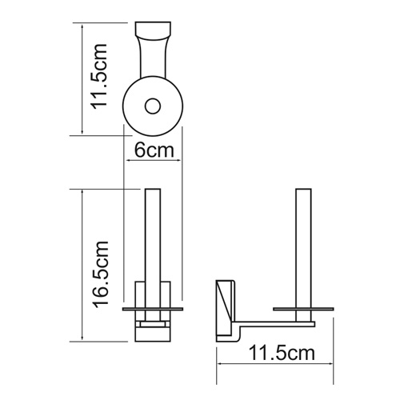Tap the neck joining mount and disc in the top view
[x=153, y=62]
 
